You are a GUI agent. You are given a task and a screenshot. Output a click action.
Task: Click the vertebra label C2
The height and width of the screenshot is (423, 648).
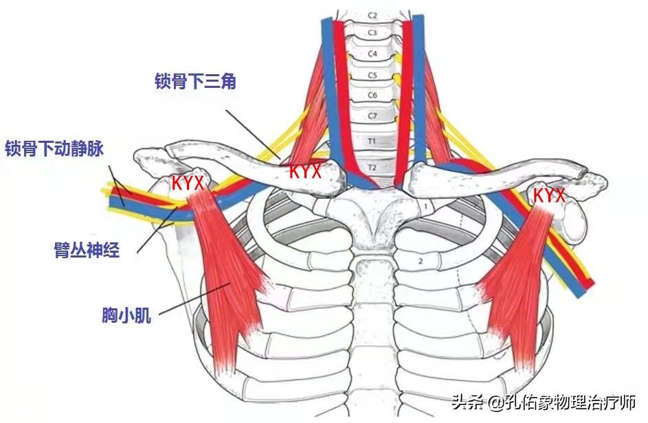coord(372,14)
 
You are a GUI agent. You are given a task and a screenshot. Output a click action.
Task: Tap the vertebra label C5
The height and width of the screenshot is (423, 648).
coord(372,75)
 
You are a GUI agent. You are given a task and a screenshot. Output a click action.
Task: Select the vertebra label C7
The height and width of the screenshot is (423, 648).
coord(372,116)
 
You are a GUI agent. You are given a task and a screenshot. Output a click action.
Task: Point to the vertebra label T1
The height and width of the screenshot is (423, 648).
coord(372,141)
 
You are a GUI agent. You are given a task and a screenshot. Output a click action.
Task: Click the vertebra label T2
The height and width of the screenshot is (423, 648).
coord(372,167)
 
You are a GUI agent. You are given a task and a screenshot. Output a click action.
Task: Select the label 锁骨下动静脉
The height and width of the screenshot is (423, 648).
coord(54,148)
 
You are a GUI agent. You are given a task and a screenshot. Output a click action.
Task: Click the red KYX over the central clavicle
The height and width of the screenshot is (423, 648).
coord(304,171)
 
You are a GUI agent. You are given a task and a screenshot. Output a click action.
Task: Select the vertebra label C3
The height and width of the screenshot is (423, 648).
coord(372,32)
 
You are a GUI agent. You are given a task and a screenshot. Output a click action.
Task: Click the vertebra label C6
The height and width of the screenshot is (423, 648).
coord(372,95)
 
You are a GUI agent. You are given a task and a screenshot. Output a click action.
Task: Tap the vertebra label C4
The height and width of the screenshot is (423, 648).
coord(372,53)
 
